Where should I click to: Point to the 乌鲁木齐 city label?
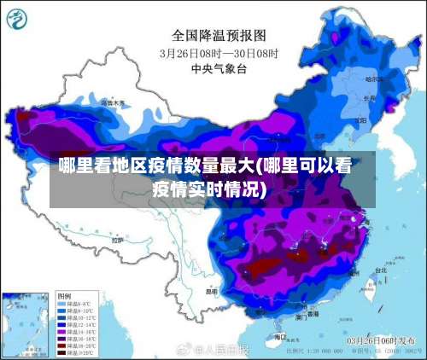pyautogui.click(x=111, y=103)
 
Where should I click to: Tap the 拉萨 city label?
pyautogui.click(x=117, y=241)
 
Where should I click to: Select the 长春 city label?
pyautogui.click(x=369, y=98)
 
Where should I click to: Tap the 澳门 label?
pyautogui.click(x=301, y=316)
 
